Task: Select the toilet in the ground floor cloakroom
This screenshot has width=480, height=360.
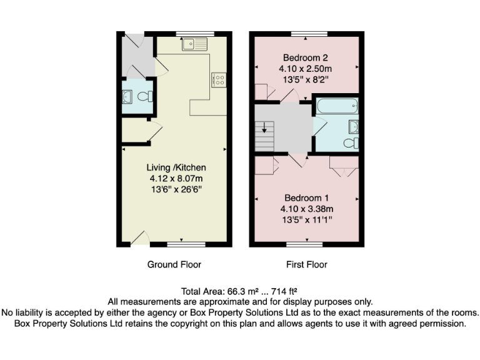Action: click(145, 97)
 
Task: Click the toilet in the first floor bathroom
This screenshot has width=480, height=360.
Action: click(351, 143)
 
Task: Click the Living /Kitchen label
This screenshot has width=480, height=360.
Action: click(176, 167)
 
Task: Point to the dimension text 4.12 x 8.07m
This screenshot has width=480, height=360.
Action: click(176, 179)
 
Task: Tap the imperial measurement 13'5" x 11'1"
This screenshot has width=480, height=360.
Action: click(305, 220)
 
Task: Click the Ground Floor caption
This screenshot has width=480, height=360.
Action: click(174, 264)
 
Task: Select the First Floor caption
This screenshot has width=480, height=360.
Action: click(307, 264)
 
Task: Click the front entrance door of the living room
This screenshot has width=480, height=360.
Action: click(140, 239)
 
